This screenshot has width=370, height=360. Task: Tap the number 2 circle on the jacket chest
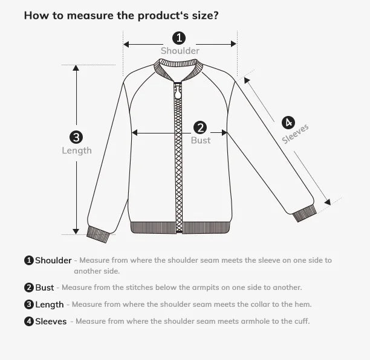201,127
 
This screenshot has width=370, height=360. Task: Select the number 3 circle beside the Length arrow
76,137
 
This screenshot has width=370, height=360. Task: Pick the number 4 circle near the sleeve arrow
288,123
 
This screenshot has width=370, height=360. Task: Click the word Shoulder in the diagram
180,51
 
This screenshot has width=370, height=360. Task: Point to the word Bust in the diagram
201,140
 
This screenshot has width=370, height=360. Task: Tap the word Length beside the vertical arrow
77,150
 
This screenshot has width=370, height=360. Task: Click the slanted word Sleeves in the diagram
296,134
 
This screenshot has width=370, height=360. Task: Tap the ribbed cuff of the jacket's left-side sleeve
98,233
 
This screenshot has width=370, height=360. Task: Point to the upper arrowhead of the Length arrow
76,68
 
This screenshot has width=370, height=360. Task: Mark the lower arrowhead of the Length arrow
76,230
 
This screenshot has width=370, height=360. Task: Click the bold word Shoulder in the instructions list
53,260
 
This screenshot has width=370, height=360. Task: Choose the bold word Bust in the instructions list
44,288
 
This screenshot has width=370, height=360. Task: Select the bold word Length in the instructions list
49,304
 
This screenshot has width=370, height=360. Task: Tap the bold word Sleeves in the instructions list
51,321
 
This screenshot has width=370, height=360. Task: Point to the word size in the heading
201,15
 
